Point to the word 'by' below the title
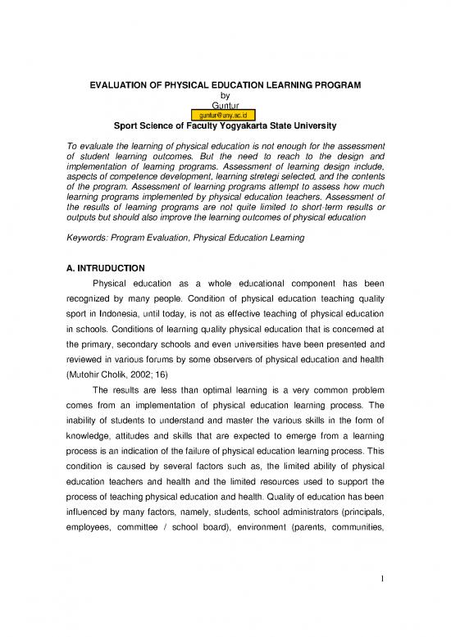point(225,96)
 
